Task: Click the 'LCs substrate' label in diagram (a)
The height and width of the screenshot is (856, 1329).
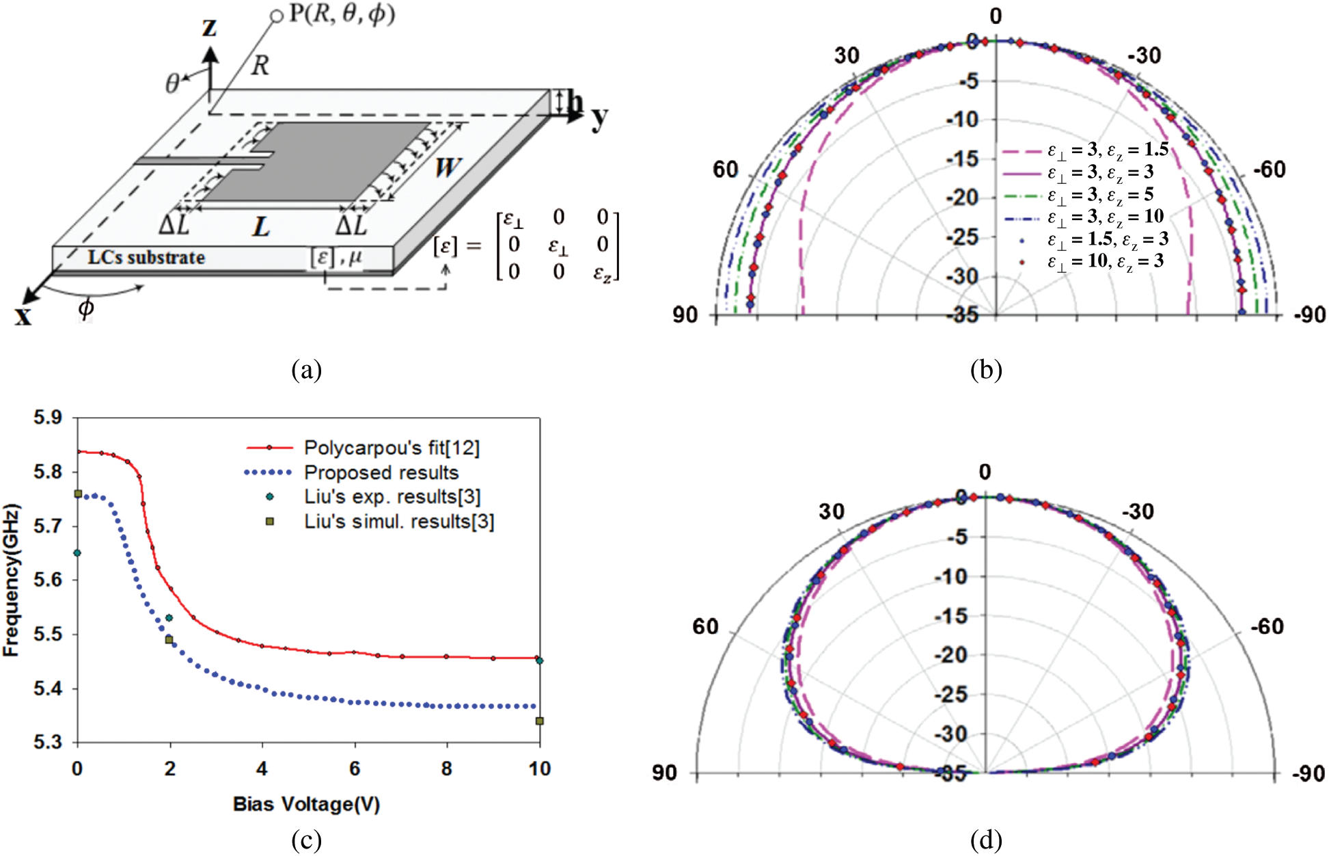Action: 146,258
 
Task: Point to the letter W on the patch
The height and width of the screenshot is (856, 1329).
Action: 447,166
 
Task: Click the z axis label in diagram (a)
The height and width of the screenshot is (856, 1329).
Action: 209,27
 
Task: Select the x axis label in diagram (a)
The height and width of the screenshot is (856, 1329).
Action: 23,316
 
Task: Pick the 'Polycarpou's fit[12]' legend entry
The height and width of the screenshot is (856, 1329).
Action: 392,448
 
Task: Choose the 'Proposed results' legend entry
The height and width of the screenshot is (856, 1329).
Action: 381,472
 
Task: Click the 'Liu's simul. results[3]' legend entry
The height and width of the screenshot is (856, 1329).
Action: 399,522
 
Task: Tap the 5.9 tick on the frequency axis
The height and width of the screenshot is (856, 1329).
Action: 47,417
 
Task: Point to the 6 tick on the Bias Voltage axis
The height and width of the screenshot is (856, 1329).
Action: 355,768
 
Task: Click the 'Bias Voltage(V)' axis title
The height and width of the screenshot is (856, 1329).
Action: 306,804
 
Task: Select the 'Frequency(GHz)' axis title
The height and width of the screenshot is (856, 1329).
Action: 12,580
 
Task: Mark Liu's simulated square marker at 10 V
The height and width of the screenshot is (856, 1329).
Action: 540,721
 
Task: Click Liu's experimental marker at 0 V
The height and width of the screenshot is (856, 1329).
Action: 77,552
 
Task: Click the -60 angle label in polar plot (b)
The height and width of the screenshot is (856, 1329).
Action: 1270,169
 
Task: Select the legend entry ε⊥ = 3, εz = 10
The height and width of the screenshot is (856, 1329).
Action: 1105,217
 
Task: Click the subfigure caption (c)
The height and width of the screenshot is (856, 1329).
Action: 306,841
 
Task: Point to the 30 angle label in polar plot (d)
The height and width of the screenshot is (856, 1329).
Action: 832,511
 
